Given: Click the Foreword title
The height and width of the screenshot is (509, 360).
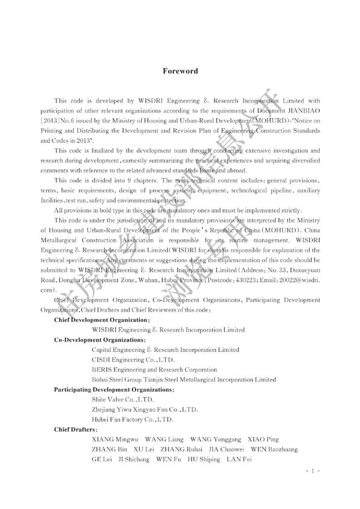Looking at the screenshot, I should pos(181,71).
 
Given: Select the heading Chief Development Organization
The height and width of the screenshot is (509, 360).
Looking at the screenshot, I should pos(92,320).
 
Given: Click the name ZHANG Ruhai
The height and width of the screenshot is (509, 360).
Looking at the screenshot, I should pos(179,449).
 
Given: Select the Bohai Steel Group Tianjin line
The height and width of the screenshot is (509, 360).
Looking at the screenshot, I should pos(184,380).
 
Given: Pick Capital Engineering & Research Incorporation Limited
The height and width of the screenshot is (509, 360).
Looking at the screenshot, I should pos(166,350).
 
